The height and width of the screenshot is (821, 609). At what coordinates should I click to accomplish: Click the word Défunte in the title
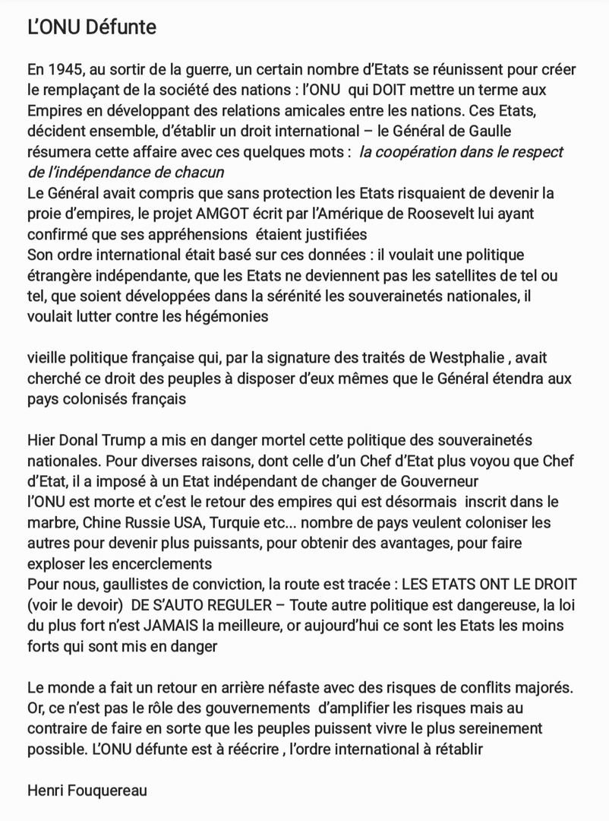point(117,27)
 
